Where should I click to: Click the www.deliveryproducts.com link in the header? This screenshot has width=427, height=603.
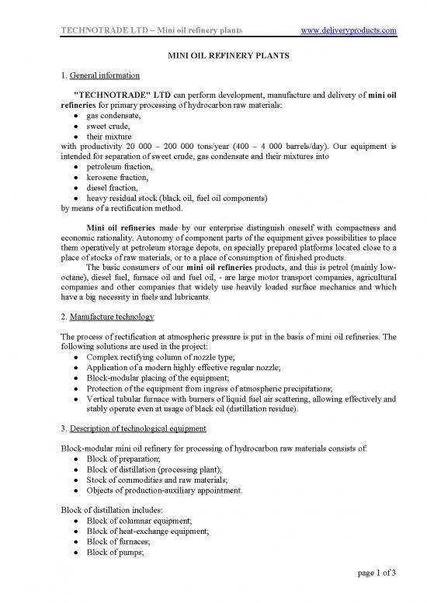pyautogui.click(x=348, y=30)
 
